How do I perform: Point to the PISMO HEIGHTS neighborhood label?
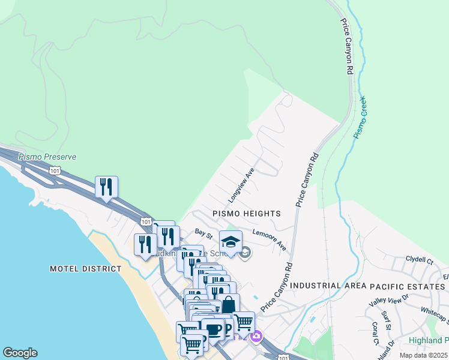pyautogui.click(x=246, y=214)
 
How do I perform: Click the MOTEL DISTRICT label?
pyautogui.click(x=86, y=269)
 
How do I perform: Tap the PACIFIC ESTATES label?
pyautogui.click(x=403, y=286)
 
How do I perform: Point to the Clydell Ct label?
pyautogui.click(x=419, y=260)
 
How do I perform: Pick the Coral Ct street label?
pyautogui.click(x=375, y=334)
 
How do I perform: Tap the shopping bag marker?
pyautogui.click(x=228, y=305)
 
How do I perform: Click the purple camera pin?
pyautogui.click(x=256, y=337)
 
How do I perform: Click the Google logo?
pyautogui.click(x=20, y=353)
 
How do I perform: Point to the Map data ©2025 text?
pyautogui.click(x=423, y=355)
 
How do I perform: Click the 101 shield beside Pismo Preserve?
pyautogui.click(x=55, y=170)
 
